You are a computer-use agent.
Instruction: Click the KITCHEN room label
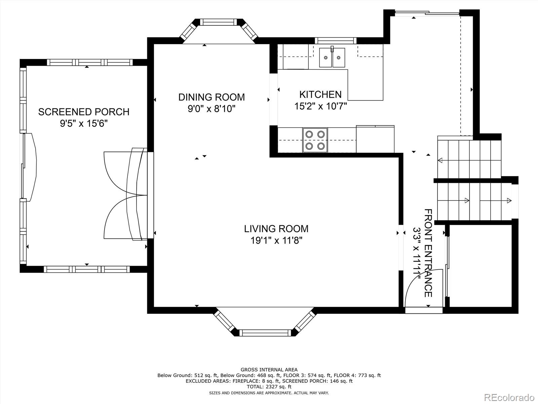(320, 94)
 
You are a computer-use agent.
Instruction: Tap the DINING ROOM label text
(211, 97)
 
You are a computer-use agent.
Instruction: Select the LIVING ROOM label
(276, 229)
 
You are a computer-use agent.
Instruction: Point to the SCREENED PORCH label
(84, 112)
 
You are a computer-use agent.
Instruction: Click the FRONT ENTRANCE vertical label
(428, 253)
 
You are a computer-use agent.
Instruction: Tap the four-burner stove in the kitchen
(315, 140)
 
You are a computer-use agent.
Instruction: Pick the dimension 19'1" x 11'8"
(276, 240)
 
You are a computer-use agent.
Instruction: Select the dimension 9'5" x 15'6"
(84, 124)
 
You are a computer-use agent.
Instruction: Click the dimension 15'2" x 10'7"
(320, 106)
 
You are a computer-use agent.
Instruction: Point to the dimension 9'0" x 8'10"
(211, 109)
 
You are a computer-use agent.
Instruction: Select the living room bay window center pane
(266, 333)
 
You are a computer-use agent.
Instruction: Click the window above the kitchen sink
(335, 40)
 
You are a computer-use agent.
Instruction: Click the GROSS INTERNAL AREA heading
(269, 369)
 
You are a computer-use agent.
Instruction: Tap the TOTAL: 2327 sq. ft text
(269, 387)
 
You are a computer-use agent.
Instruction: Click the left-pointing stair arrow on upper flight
(440, 160)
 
